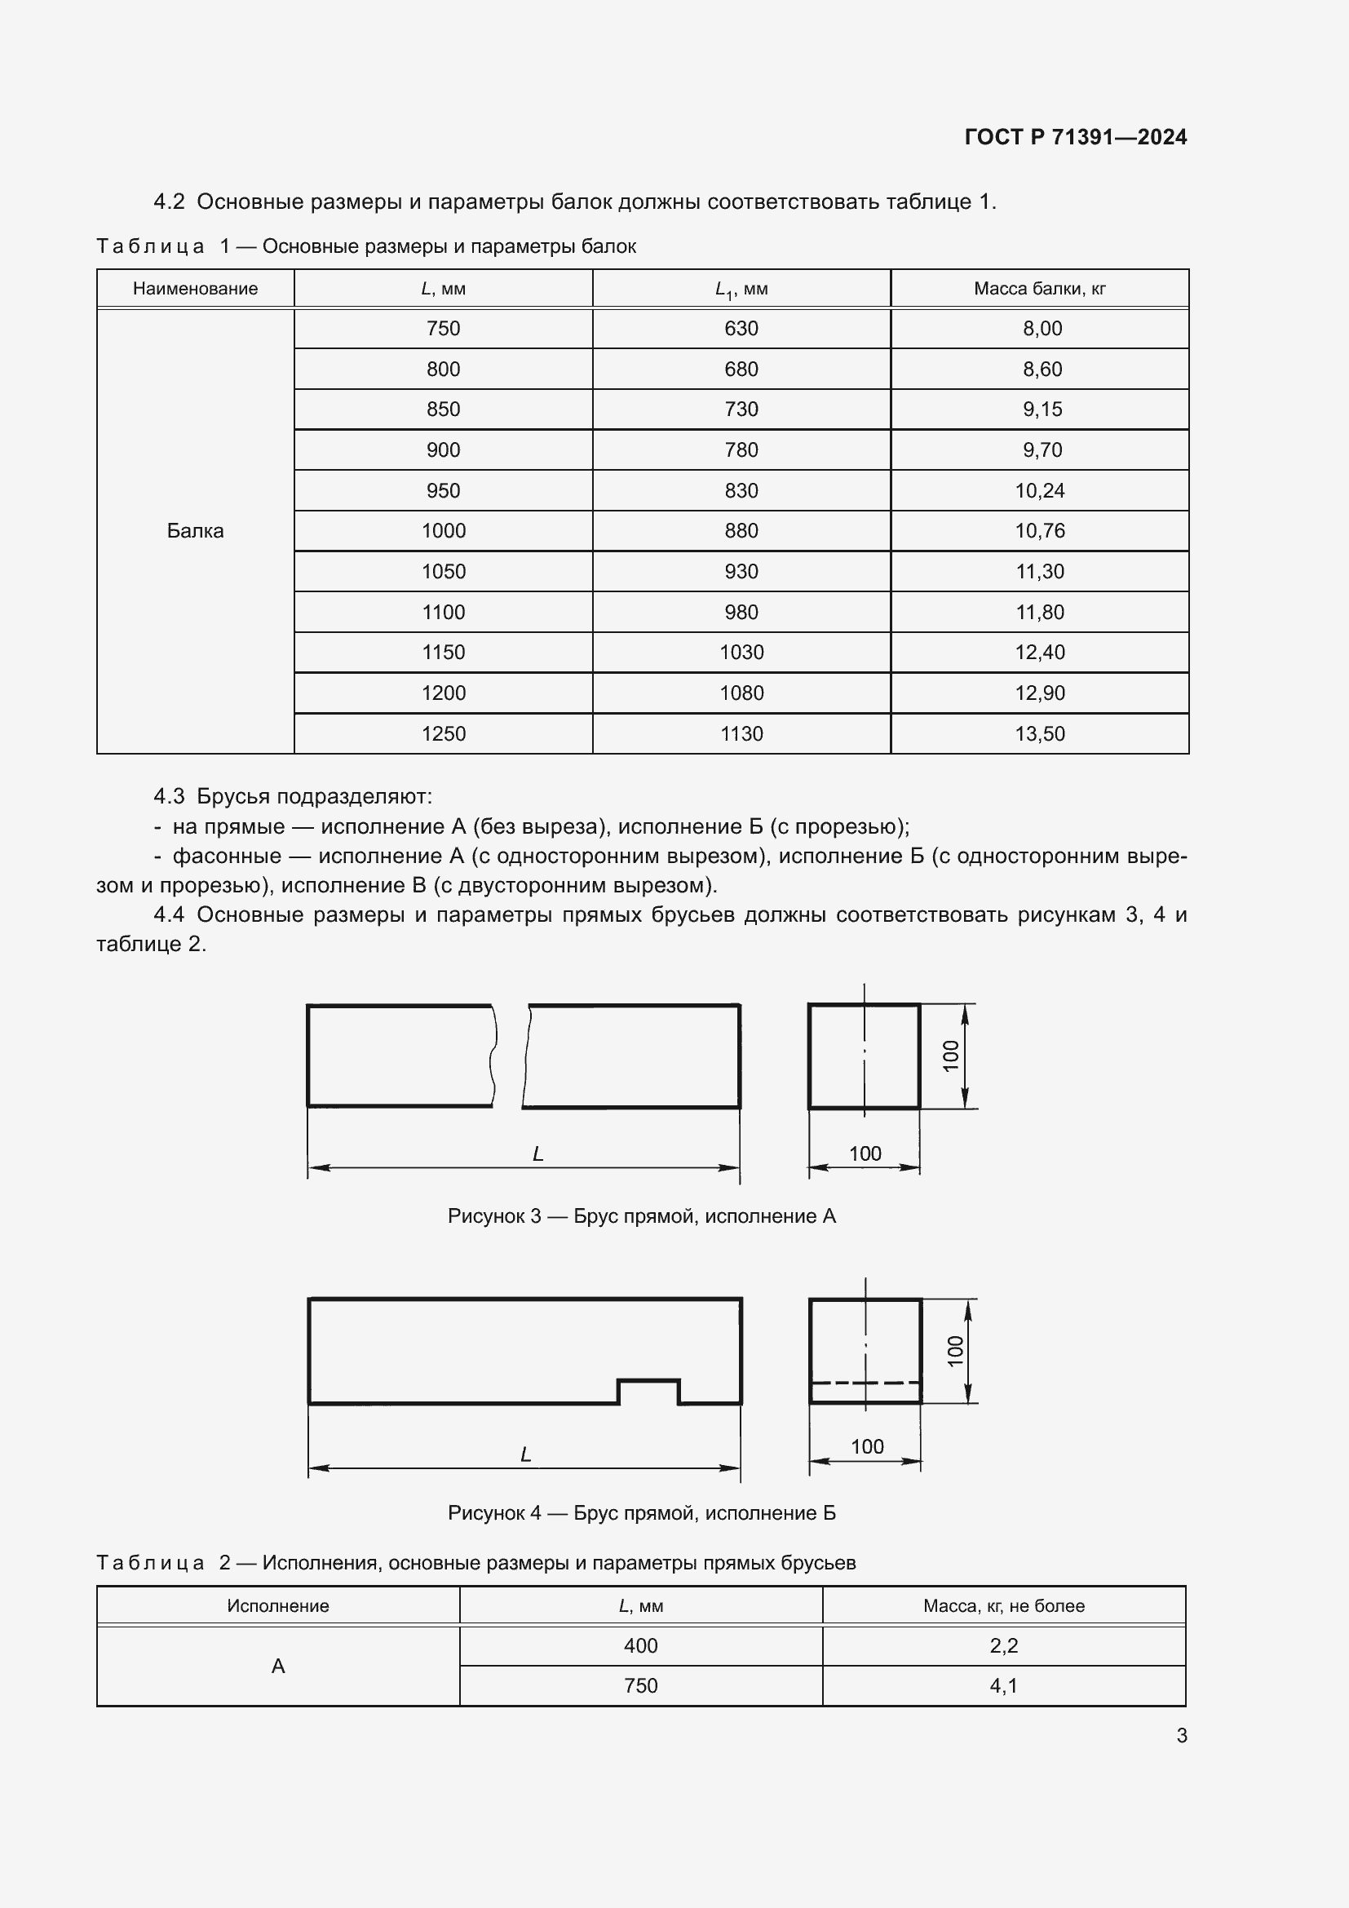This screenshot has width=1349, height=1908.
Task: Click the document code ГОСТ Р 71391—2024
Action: (x=1075, y=137)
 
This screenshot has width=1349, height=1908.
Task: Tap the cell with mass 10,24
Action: (x=1039, y=490)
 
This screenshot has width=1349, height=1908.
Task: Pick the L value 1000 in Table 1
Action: (x=443, y=531)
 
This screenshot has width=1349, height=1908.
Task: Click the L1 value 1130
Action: (x=741, y=734)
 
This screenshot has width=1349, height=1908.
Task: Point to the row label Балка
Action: (x=195, y=531)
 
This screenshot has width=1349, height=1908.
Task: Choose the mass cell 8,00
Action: (x=1042, y=328)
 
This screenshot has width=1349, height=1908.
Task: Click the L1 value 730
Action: (x=741, y=409)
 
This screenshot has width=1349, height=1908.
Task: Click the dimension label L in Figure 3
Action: (x=537, y=1153)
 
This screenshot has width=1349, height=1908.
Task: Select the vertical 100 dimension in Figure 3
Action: (x=950, y=1056)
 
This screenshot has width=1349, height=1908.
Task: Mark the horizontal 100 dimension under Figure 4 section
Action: (x=866, y=1447)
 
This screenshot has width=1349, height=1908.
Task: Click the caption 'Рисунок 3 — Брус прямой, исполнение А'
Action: (x=641, y=1216)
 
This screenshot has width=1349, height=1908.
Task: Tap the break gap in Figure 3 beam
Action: (x=510, y=1056)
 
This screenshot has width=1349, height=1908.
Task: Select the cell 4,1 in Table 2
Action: (x=1003, y=1685)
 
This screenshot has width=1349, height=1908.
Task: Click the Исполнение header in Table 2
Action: (x=277, y=1605)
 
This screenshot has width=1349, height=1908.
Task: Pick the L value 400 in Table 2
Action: (x=640, y=1645)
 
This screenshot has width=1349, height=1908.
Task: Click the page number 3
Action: (x=1181, y=1735)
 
